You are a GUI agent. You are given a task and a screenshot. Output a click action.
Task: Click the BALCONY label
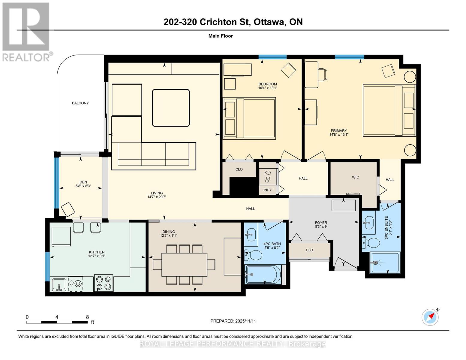click(x=80, y=103)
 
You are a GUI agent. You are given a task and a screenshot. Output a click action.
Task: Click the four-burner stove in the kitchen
click(x=104, y=283)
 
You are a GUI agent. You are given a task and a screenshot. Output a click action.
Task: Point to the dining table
click(x=184, y=265)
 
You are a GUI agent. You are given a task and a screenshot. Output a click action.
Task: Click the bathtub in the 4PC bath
click(x=263, y=274)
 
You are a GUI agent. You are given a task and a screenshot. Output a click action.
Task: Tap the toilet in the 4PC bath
click(x=254, y=256)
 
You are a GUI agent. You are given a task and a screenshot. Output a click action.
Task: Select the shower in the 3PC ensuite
click(x=385, y=263)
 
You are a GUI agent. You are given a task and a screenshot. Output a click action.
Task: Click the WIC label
click(x=355, y=177)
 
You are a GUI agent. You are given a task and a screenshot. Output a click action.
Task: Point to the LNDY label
click(x=267, y=190)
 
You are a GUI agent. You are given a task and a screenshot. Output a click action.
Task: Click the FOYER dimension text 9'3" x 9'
click(x=321, y=227)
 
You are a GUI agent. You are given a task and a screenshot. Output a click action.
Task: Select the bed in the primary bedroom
click(x=389, y=110)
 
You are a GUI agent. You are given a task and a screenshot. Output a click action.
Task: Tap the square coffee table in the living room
click(x=171, y=108)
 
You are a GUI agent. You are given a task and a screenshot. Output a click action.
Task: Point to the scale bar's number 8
click(x=87, y=317)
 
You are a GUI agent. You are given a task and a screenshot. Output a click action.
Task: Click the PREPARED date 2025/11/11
click(x=245, y=321)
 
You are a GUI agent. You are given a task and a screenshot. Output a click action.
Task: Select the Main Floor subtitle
click(x=221, y=36)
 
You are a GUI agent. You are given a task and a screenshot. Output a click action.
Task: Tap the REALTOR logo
click(x=26, y=31)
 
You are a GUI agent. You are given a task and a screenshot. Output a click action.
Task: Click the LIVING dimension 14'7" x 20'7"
click(x=157, y=197)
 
